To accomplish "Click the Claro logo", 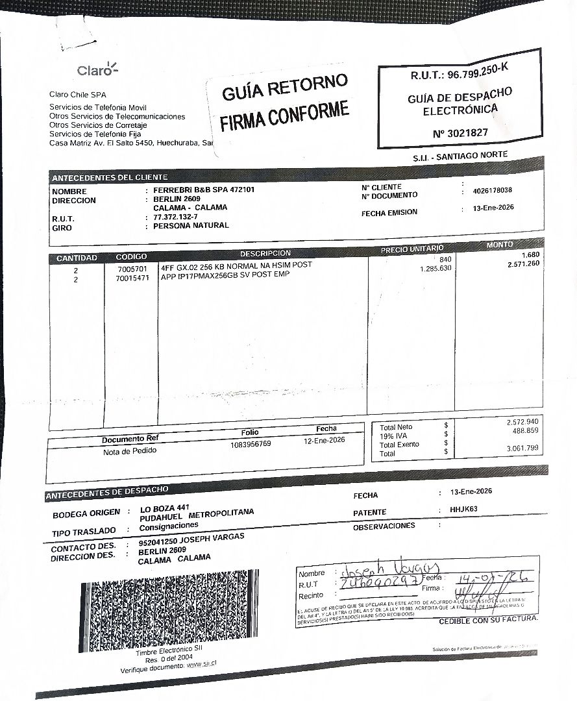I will tap(97, 69).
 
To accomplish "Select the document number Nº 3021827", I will tap(460, 133).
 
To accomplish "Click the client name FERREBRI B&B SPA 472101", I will tap(204, 190).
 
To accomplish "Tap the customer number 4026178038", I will tap(493, 191).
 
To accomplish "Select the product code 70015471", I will tap(132, 278).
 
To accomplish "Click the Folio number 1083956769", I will tap(251, 445).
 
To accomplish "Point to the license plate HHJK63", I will tap(463, 510).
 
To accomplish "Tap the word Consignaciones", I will tap(169, 526).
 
